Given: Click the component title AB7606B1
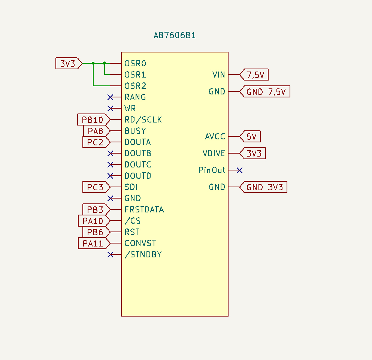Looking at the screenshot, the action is click(175, 35).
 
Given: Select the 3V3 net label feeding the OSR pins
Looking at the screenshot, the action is click(69, 63).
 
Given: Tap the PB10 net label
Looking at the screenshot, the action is click(94, 120).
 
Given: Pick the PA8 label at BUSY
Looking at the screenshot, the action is click(97, 131).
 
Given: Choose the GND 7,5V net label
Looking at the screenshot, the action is click(265, 92).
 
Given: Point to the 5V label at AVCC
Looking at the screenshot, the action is click(250, 136).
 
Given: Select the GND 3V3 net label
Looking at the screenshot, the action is click(263, 187).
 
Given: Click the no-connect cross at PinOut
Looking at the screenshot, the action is click(240, 170).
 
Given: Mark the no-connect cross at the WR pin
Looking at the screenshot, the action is click(110, 109).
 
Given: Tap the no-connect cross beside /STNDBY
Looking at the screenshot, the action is click(110, 254).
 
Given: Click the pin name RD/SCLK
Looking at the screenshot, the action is click(143, 120).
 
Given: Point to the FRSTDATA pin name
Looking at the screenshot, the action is click(144, 209).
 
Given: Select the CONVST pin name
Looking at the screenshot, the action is click(140, 243).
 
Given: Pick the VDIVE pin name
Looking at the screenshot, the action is click(214, 153).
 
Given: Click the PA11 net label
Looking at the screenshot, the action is click(94, 243).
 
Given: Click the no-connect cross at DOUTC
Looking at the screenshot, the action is click(110, 164).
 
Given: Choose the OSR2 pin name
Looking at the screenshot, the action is click(135, 86).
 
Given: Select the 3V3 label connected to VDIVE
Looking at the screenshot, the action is click(252, 153).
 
